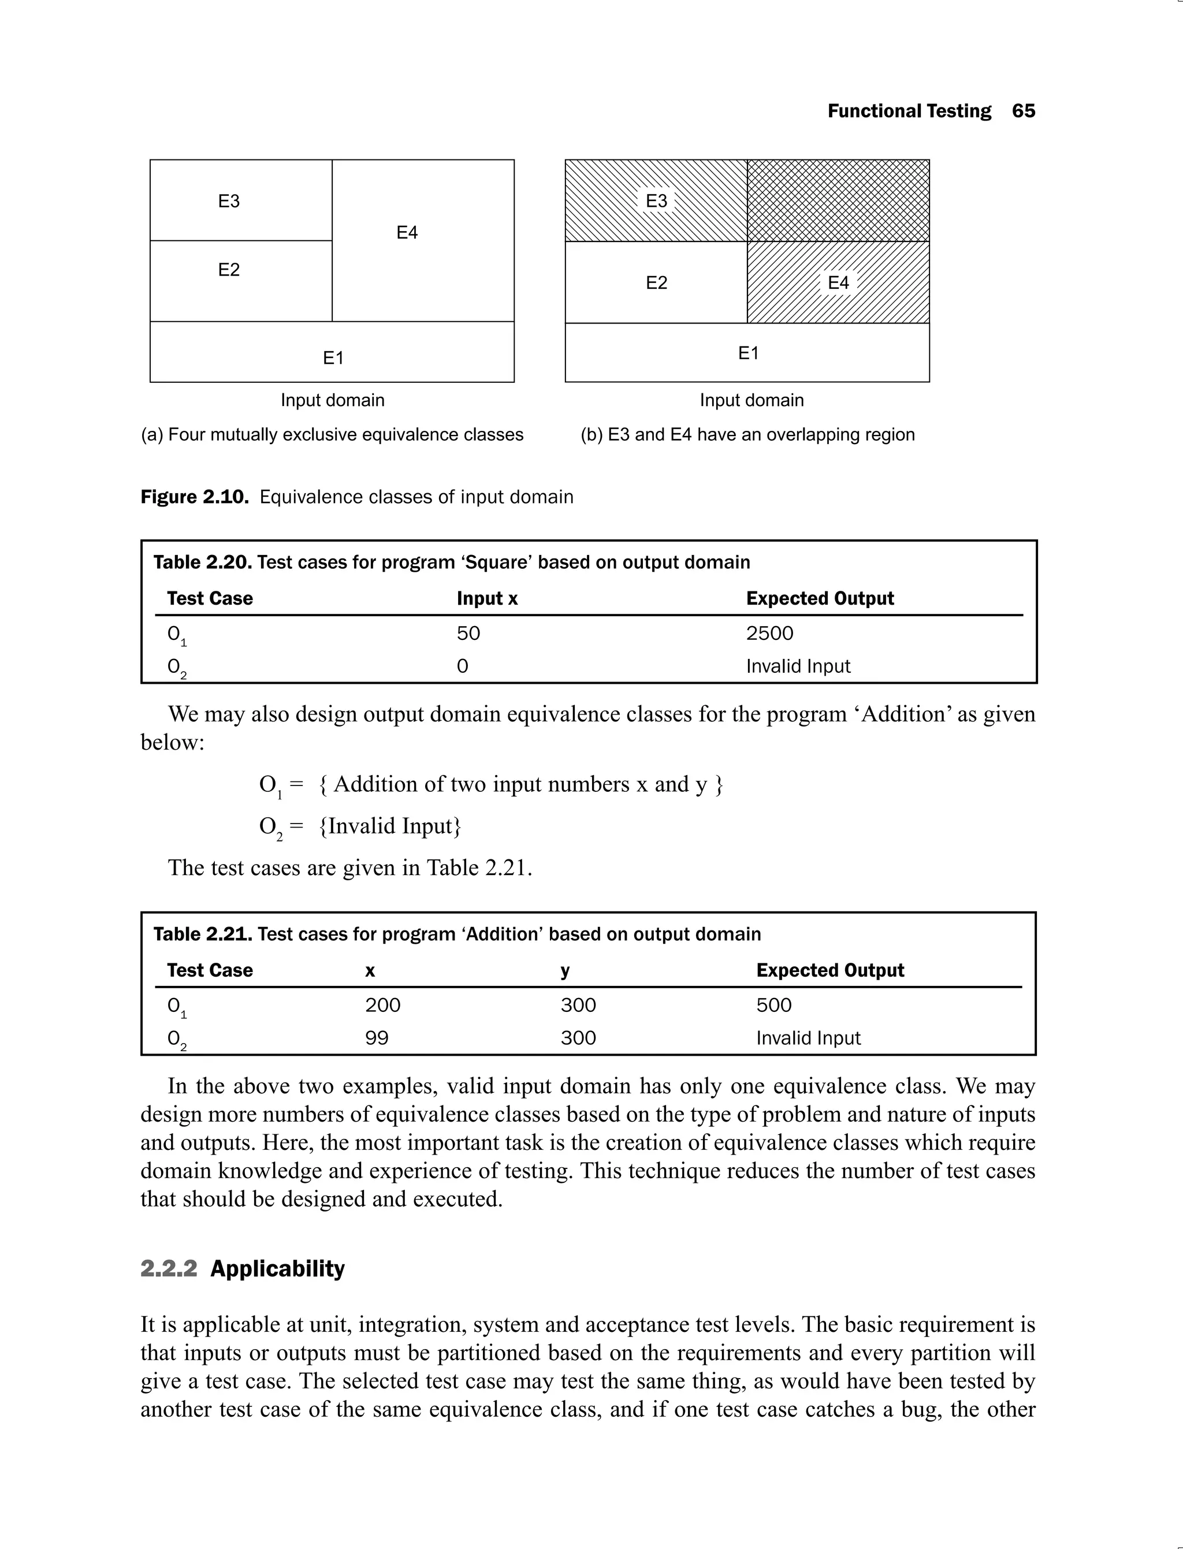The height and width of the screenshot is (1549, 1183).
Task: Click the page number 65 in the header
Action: click(1023, 111)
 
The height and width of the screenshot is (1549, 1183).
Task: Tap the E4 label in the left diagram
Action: click(407, 232)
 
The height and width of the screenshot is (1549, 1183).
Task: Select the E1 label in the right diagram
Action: click(748, 353)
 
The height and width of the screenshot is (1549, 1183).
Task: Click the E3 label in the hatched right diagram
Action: click(656, 200)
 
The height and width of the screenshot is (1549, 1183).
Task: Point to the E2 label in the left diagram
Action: click(229, 270)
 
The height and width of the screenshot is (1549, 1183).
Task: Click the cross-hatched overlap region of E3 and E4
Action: click(838, 200)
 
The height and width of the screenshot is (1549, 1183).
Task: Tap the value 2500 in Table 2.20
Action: click(769, 633)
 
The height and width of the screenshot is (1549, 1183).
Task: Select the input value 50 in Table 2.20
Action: click(468, 633)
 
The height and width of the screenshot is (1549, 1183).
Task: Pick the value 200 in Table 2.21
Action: click(382, 1005)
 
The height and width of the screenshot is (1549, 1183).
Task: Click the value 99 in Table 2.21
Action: click(377, 1038)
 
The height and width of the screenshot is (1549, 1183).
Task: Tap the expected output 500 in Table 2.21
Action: click(774, 1005)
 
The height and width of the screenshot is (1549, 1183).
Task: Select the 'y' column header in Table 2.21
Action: click(565, 971)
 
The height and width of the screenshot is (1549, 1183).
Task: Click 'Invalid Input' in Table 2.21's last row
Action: click(808, 1038)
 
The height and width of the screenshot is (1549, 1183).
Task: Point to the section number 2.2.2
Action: click(169, 1268)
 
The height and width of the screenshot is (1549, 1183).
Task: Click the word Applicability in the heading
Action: click(277, 1268)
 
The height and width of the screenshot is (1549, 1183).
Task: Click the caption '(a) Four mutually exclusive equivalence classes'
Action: click(332, 434)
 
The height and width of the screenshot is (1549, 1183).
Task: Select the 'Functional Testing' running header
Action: click(909, 111)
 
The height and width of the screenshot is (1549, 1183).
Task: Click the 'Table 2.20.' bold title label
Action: click(203, 562)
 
